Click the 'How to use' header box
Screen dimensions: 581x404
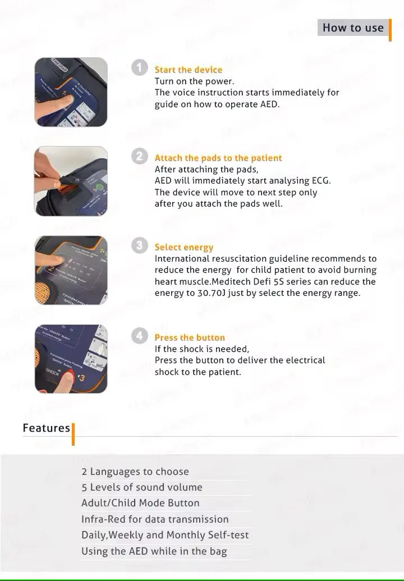coord(353,28)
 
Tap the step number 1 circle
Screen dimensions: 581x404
coord(139,67)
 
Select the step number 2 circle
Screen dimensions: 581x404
coord(139,156)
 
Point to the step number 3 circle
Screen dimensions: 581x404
coord(139,245)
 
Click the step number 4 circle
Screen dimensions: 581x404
coord(139,336)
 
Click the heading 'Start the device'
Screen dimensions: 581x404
coord(189,70)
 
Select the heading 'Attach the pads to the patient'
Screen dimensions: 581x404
coord(218,158)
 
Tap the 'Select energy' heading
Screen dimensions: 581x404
coord(184,247)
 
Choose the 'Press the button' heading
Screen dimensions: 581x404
coord(190,337)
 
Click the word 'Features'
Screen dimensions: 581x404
coord(47,428)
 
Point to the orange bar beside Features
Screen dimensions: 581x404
coord(73,434)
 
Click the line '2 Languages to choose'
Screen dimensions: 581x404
coord(135,472)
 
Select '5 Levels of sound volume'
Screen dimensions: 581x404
coord(142,487)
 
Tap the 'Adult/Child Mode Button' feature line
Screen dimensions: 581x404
coord(140,503)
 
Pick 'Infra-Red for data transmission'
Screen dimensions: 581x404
coord(155,519)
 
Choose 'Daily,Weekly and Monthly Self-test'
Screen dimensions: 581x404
coord(165,535)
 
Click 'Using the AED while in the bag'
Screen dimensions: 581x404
coord(154,551)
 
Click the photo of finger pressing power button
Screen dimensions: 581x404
coord(71,92)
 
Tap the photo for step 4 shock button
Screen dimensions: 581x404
coord(71,359)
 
